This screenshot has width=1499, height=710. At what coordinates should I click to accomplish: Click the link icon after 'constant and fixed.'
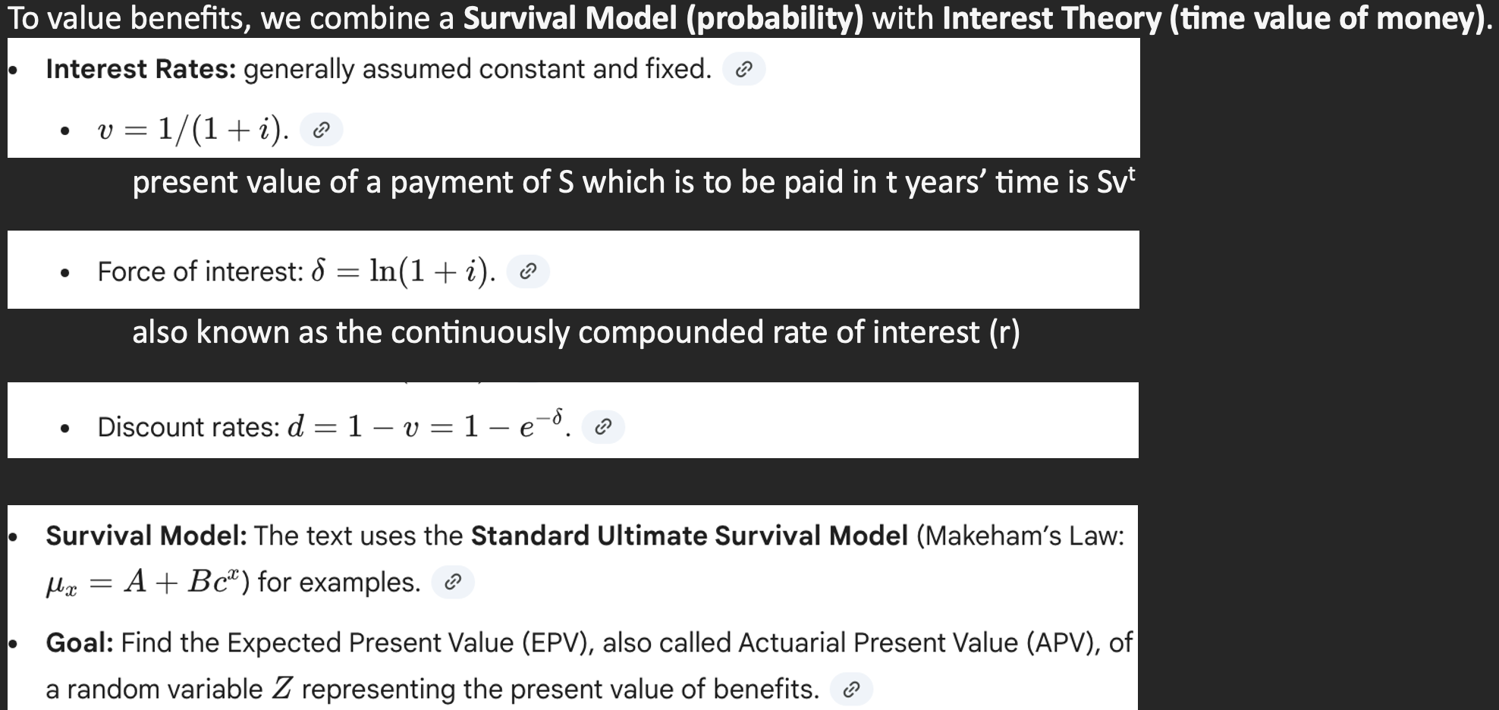click(744, 70)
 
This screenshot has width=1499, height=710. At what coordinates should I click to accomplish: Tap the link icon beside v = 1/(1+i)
click(322, 130)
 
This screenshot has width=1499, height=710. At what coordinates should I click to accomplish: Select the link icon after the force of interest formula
click(528, 272)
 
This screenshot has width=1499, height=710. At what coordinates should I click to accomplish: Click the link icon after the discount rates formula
click(603, 427)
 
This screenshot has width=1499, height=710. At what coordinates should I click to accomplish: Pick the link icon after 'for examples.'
click(453, 583)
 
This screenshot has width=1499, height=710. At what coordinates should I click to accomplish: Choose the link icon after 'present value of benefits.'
click(851, 690)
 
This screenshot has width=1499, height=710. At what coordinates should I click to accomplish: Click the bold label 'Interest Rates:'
click(141, 69)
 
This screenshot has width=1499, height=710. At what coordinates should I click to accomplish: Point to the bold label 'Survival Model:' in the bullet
click(146, 536)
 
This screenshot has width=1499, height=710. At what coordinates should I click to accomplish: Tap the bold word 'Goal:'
click(80, 642)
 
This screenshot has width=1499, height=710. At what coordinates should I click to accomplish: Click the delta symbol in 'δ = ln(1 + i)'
click(319, 271)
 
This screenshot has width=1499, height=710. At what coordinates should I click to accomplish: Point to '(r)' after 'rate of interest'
click(1004, 332)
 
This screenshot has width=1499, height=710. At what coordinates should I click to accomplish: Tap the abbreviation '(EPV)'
click(558, 643)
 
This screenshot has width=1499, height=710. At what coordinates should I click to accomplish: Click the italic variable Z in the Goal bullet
click(281, 689)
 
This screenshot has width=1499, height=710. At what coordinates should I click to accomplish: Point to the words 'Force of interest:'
click(200, 272)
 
